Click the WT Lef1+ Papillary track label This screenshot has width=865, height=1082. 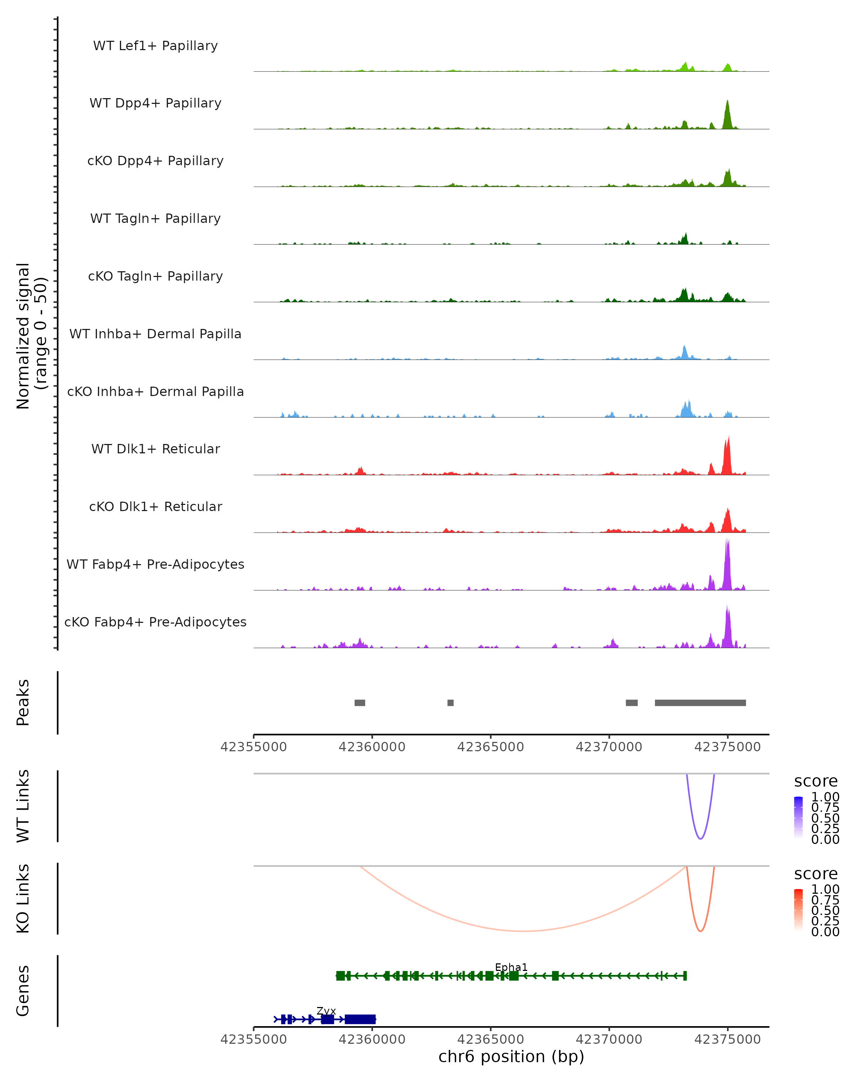(x=155, y=46)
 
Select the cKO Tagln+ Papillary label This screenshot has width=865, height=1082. (x=155, y=277)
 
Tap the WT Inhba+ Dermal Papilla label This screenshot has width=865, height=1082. (x=155, y=334)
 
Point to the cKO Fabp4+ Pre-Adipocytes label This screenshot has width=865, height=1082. (x=155, y=622)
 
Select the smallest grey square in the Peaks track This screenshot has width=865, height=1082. (x=450, y=703)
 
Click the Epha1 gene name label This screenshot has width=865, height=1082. (x=511, y=968)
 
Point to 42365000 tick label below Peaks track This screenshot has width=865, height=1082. (x=491, y=747)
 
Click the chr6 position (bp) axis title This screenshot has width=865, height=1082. (x=511, y=1057)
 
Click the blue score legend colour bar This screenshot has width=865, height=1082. (x=798, y=818)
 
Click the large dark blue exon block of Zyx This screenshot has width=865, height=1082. (x=360, y=1019)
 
